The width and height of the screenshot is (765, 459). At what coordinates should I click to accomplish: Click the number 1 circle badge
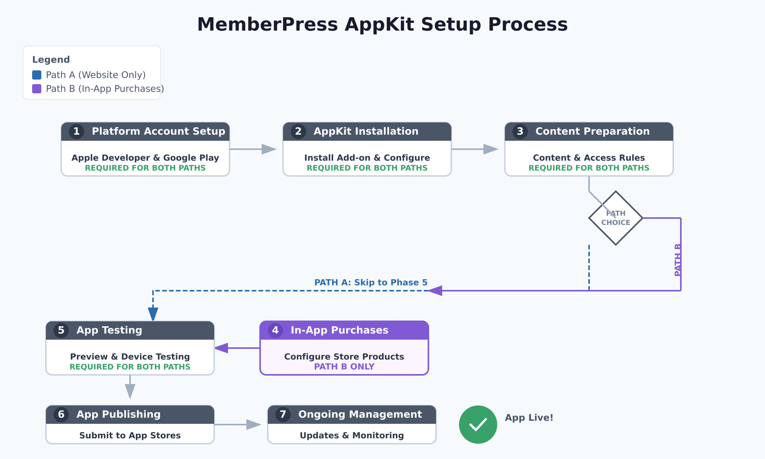coord(76,132)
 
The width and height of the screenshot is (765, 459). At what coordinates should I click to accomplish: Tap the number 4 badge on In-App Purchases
coord(275,330)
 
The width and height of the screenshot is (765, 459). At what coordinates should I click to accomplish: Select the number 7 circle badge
coord(283,415)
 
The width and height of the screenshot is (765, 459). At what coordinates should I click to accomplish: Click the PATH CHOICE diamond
coord(616,218)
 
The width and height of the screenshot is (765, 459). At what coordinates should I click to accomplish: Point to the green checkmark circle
coord(478,425)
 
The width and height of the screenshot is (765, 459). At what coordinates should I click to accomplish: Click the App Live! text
coord(529,418)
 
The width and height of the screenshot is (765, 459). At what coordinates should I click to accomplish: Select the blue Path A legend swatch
coord(37,75)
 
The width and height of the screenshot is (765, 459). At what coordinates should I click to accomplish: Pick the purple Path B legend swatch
coord(37,89)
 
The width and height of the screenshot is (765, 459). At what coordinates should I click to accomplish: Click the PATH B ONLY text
coord(344,367)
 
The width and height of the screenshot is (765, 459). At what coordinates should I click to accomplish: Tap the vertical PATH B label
coord(677,260)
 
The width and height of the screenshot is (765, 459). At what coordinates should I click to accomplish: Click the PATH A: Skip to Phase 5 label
coord(371,283)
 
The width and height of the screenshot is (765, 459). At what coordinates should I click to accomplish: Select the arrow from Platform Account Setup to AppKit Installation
coord(253,149)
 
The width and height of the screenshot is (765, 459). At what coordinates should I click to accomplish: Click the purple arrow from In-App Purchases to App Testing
coord(237,348)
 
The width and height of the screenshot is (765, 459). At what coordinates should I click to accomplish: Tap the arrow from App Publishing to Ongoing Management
coord(237,425)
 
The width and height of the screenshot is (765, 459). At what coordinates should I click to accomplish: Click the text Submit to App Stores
coord(130,436)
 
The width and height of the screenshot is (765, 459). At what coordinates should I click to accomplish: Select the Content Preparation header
coord(589,132)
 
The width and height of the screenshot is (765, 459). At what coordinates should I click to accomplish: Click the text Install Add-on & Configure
coord(367,158)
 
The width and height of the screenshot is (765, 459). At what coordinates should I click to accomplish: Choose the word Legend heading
coord(51,60)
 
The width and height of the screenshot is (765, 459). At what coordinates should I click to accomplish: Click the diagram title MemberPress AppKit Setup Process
coord(382,24)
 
